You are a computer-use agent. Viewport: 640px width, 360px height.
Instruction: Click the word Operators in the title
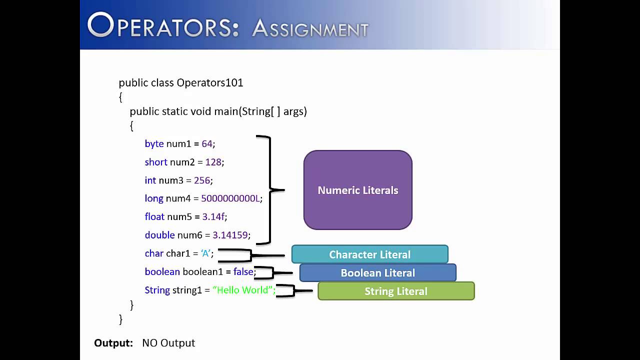(x=163, y=26)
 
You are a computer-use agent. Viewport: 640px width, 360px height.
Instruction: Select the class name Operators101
(x=209, y=82)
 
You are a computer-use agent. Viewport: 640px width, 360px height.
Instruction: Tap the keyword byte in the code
(x=154, y=144)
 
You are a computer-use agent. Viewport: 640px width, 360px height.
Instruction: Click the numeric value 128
(x=213, y=162)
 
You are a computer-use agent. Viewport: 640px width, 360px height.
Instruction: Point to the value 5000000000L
(x=230, y=198)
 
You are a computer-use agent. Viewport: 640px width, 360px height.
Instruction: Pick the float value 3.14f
(x=214, y=216)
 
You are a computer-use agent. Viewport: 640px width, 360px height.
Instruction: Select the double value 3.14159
(x=230, y=235)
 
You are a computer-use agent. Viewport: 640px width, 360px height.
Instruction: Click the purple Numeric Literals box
(x=358, y=190)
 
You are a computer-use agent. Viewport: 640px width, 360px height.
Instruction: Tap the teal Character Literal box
(x=369, y=254)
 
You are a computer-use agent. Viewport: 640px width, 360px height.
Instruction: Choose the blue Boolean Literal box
(x=377, y=273)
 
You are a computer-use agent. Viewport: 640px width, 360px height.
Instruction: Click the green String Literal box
(x=396, y=291)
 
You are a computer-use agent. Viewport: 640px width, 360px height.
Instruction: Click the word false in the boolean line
(x=243, y=272)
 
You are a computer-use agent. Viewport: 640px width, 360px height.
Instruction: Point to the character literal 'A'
(x=205, y=253)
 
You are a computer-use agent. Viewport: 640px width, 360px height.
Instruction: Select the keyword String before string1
(x=157, y=290)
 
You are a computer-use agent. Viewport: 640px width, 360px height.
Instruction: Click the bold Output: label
(x=113, y=343)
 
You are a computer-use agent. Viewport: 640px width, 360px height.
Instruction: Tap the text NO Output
(x=168, y=343)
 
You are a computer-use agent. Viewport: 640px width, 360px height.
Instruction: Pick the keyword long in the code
(x=154, y=198)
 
